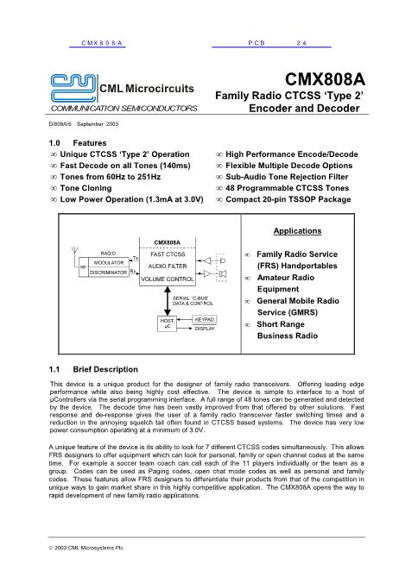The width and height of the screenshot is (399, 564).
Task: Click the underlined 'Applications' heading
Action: (297, 231)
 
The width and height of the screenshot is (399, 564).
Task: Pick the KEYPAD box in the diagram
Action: (204, 319)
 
